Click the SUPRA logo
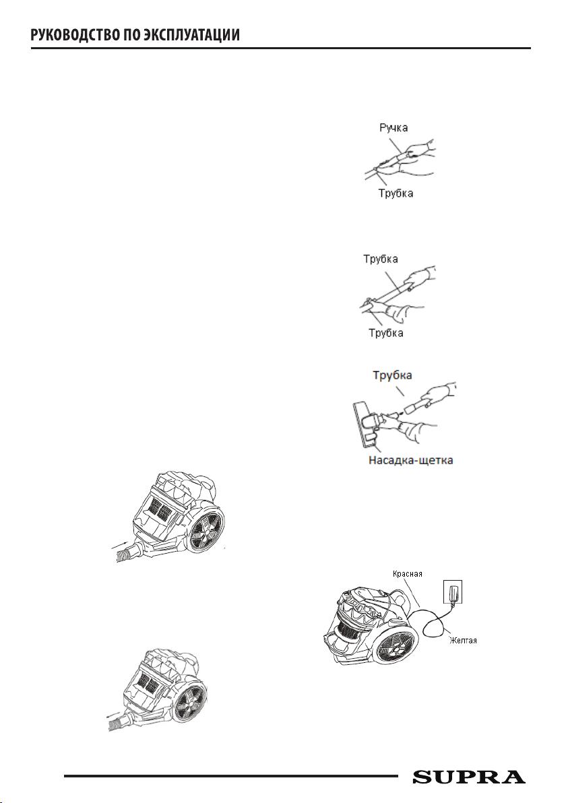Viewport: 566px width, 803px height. click(469, 777)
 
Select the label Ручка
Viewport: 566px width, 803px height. click(394, 127)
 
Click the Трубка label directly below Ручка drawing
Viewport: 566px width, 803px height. click(396, 193)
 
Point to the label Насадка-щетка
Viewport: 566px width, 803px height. click(410, 460)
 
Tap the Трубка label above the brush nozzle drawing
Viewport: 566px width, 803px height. click(392, 375)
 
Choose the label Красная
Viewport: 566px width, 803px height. click(407, 573)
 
